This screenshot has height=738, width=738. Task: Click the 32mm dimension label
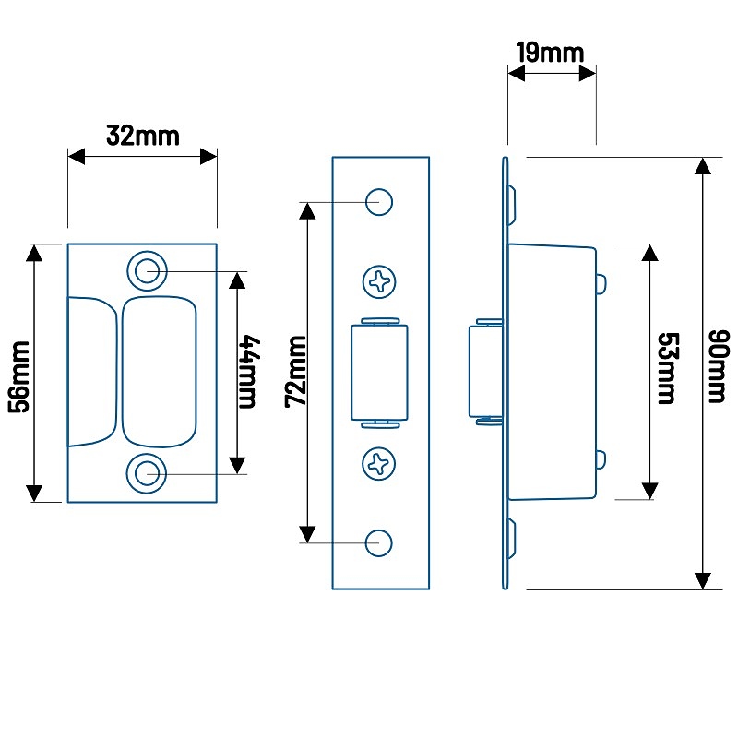click(142, 137)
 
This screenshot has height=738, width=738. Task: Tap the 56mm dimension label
click(21, 374)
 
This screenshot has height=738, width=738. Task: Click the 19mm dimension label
click(550, 52)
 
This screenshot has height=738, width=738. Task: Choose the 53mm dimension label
click(664, 369)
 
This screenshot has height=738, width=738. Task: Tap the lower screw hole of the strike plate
click(146, 474)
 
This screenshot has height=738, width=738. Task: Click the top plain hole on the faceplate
click(378, 202)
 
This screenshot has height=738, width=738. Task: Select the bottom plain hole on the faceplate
click(378, 542)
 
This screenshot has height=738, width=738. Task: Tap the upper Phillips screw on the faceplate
click(379, 281)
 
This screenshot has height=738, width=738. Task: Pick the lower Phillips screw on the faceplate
click(379, 463)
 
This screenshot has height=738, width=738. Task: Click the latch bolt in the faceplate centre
click(379, 372)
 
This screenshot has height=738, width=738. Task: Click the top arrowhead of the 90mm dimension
click(704, 167)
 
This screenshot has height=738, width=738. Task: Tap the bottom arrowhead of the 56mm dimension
click(35, 493)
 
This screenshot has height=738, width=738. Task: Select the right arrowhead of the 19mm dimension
click(588, 74)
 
